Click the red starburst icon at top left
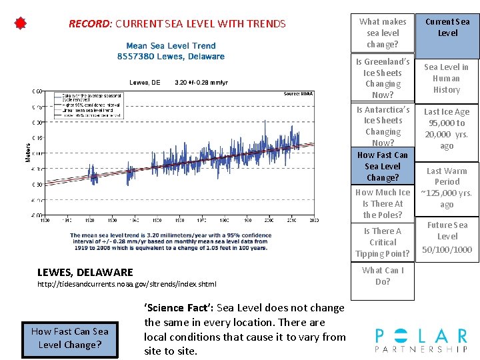[x=21, y=24]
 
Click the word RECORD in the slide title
[x=89, y=24]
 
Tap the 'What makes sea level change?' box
[x=383, y=33]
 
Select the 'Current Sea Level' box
[x=447, y=27]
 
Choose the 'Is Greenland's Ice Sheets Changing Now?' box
[x=383, y=79]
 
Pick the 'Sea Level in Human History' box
[x=447, y=78]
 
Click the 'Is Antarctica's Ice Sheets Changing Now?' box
[x=383, y=126]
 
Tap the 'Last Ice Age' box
[x=447, y=129]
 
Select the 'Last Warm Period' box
[x=447, y=187]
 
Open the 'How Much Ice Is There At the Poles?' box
[x=383, y=203]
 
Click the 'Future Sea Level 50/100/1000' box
[x=447, y=237]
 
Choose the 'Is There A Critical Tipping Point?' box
[x=383, y=242]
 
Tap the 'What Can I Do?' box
[x=383, y=276]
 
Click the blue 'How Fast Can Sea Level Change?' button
[x=69, y=338]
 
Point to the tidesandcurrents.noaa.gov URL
[x=127, y=284]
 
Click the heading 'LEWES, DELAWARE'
[x=85, y=272]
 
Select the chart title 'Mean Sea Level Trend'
[x=171, y=46]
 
